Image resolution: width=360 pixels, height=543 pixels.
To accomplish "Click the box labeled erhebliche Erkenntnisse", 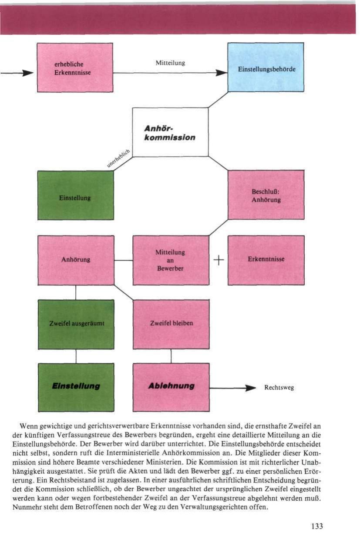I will pos(75,67).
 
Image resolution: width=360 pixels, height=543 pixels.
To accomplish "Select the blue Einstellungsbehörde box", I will pos(266,67).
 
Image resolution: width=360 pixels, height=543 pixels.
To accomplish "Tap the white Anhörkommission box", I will pos(170,132).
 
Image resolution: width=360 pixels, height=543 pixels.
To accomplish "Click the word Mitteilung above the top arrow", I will pos(170,63).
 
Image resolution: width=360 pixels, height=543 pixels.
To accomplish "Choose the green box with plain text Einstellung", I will pos(75,195).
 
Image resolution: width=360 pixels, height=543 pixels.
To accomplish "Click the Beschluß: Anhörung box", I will pos(266,195).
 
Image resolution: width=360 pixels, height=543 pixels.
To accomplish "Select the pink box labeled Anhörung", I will pos(76,260).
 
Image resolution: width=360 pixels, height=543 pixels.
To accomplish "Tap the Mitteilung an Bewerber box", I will pos(171,260).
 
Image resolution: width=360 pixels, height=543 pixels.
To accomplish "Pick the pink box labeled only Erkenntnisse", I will pos(266,260).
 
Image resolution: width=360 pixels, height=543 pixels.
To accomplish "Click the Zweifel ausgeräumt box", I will pos(76,324).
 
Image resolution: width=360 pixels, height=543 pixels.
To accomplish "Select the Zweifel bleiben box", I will pos(171,324).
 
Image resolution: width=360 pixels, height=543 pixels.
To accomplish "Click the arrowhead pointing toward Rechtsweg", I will pos(250,387).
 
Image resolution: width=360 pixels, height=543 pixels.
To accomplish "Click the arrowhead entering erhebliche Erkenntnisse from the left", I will pos(28,73).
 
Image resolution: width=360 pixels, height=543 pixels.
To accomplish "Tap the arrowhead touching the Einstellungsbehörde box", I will pos(222,73).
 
